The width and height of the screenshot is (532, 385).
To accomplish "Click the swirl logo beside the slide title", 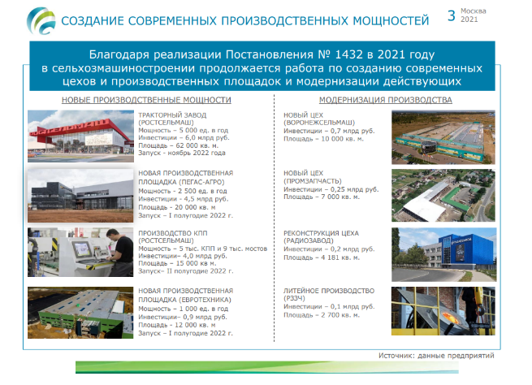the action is click(41, 21).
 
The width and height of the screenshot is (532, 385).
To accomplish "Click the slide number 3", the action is click(452, 15).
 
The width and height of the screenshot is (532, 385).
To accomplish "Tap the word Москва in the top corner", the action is click(474, 11).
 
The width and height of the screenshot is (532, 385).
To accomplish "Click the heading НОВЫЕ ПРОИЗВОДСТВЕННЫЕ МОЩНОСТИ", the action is click(146, 100).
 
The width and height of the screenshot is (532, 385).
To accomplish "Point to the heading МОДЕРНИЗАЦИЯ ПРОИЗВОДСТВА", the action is click(386, 100).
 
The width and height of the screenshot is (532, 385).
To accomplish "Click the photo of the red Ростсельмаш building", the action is click(80, 136).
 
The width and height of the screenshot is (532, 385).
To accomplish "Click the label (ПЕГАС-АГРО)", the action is click(201, 182).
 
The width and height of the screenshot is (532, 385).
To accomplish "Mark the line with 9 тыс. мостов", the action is click(202, 249).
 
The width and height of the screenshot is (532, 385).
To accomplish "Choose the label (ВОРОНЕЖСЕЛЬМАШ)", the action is click(319, 123).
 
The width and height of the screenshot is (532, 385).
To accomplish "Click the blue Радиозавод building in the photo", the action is click(465, 250).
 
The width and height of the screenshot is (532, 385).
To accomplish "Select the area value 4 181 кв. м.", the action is click(340, 257).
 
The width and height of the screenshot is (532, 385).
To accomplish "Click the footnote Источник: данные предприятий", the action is click(436, 356).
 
